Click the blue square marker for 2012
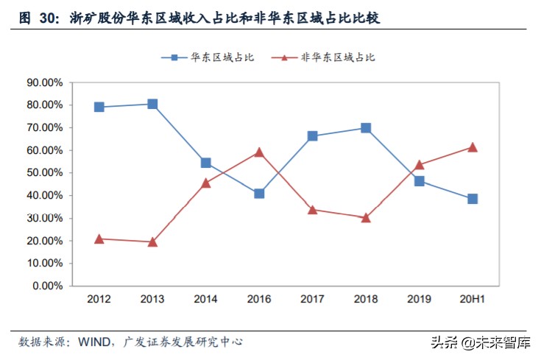click(x=99, y=107)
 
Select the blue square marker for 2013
click(x=152, y=104)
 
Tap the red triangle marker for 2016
click(x=259, y=152)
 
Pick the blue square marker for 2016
click(x=259, y=194)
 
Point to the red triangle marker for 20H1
click(x=473, y=147)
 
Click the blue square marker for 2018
click(x=366, y=128)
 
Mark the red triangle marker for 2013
click(x=152, y=241)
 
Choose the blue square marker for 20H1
click(x=473, y=199)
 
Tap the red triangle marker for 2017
click(x=312, y=210)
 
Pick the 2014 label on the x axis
click(x=205, y=300)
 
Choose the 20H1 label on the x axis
click(x=473, y=300)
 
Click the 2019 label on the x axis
click(x=419, y=300)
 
